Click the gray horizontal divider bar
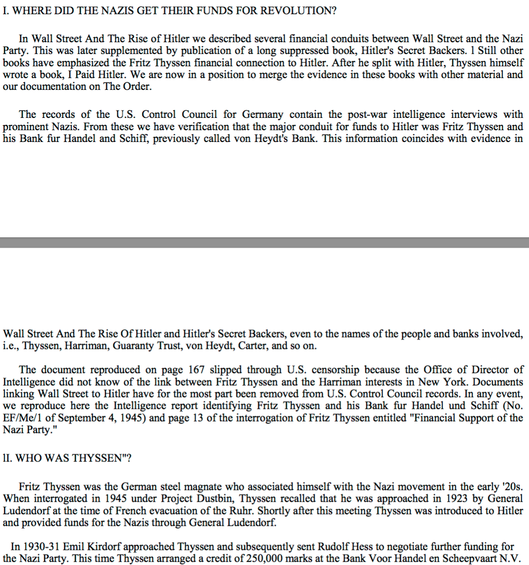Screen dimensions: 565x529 [264, 243]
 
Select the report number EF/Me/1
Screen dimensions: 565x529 [23, 418]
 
